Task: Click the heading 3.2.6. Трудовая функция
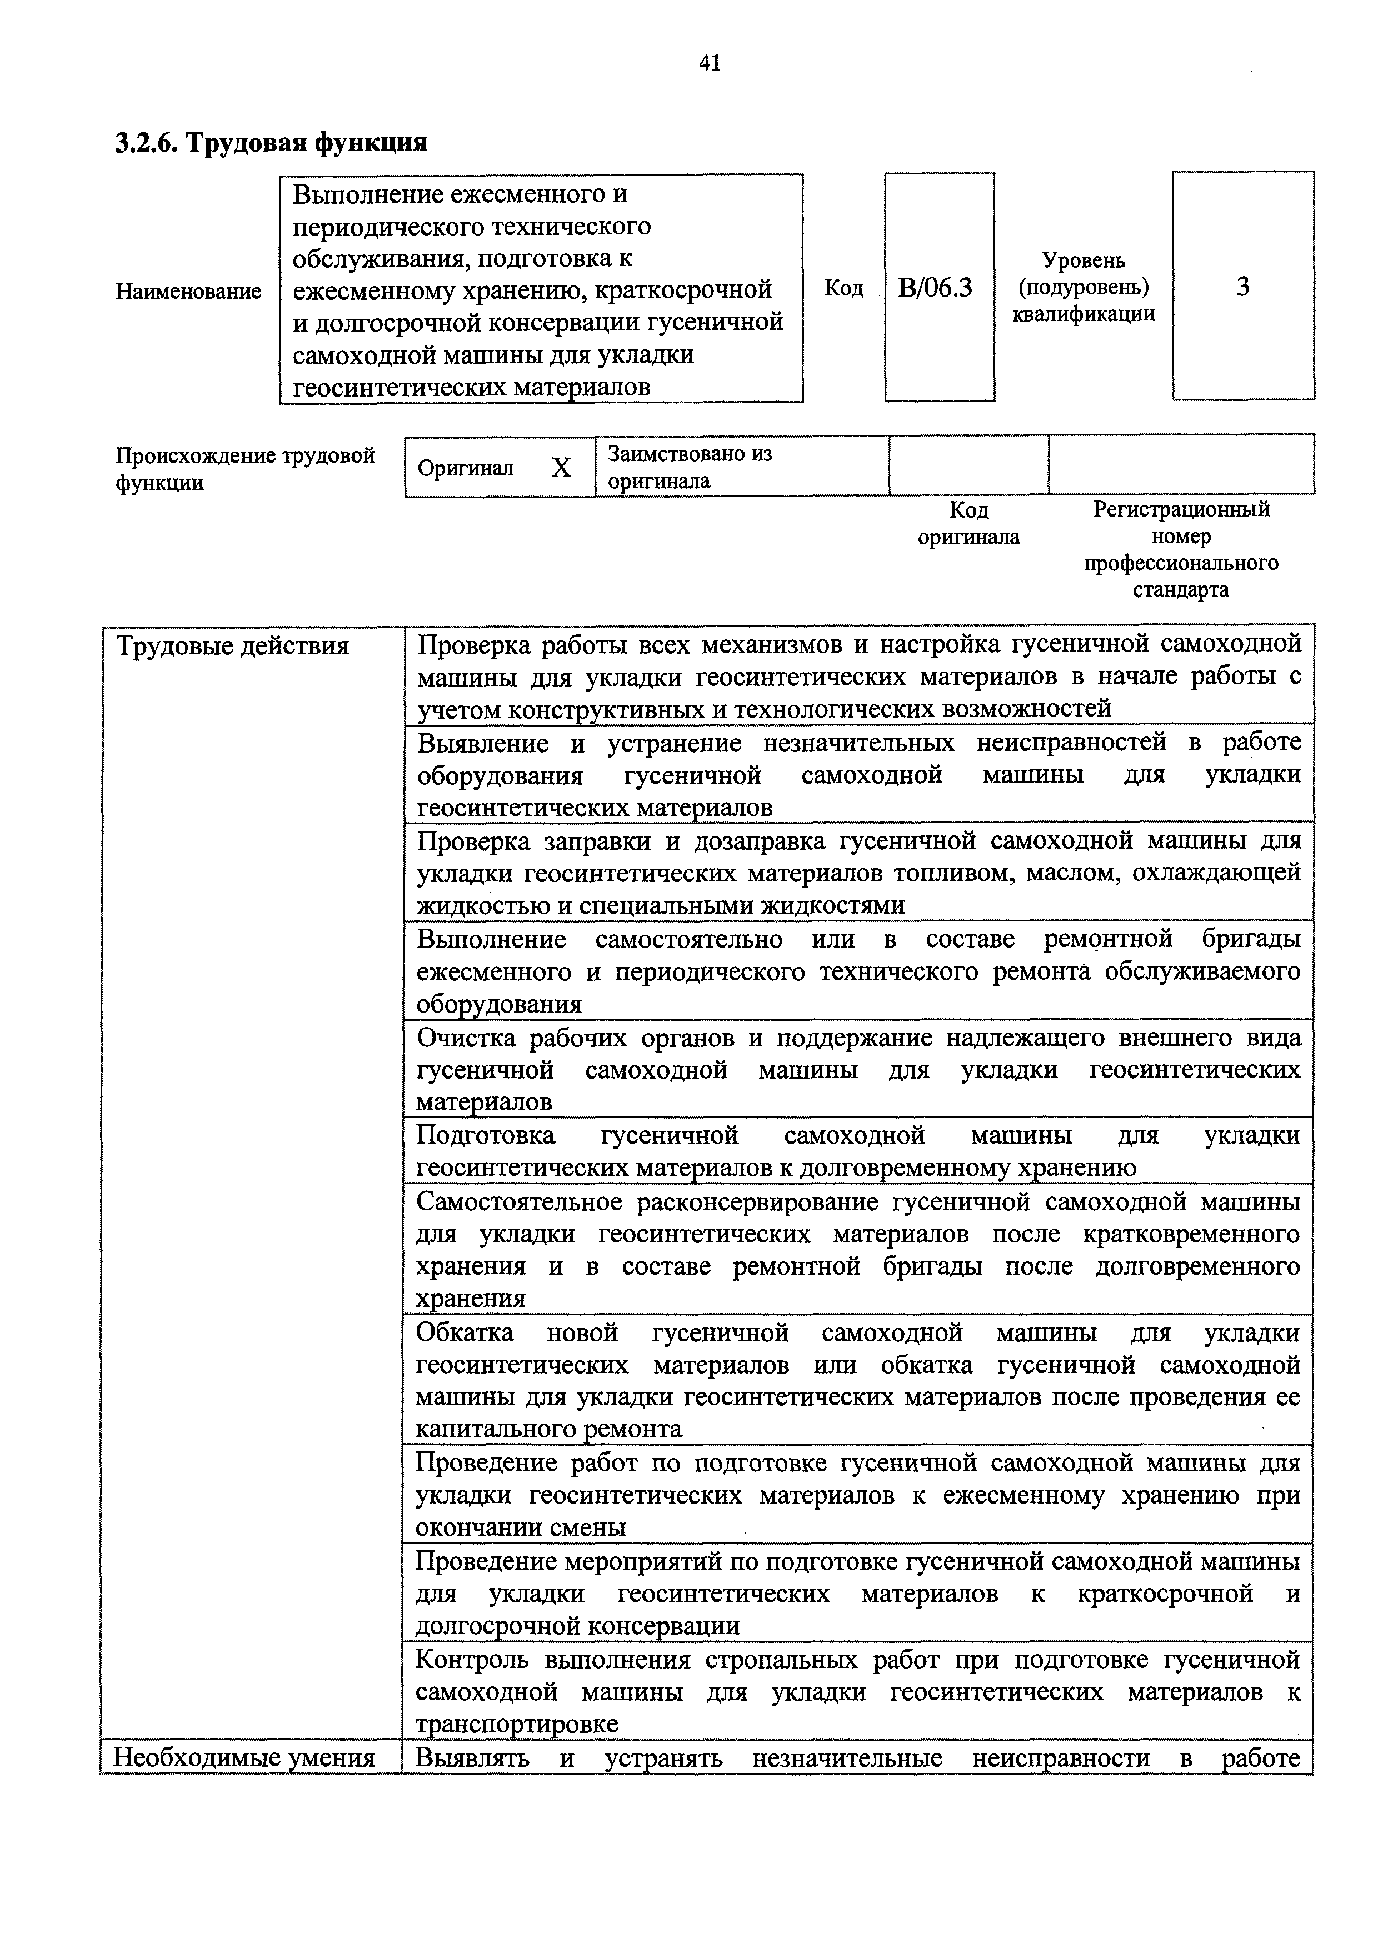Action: (x=271, y=142)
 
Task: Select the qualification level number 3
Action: (x=1242, y=288)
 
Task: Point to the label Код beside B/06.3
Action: (x=843, y=289)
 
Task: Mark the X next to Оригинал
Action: (x=561, y=468)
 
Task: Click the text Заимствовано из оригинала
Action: (x=688, y=467)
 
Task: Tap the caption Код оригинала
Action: (x=968, y=523)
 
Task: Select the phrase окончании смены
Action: (x=521, y=1527)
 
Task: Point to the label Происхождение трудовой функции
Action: (x=244, y=469)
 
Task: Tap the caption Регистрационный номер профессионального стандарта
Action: (x=1180, y=549)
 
